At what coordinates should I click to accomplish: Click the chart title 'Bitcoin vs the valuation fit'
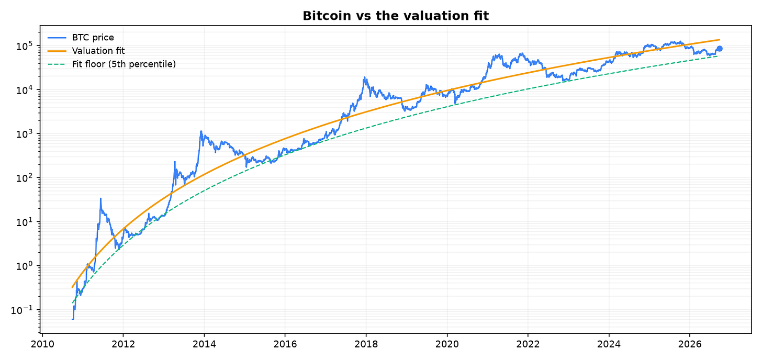(x=396, y=16)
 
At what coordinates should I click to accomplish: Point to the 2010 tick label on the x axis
(x=42, y=344)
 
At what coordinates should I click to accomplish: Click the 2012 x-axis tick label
(x=123, y=344)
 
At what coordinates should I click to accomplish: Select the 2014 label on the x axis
(x=204, y=344)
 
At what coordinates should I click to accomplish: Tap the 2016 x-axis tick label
(x=285, y=344)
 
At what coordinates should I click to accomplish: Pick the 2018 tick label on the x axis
(x=366, y=344)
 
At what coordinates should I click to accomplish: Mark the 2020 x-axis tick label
(x=447, y=344)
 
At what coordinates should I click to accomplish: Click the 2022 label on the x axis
(x=528, y=344)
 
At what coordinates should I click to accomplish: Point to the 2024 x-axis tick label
(x=609, y=344)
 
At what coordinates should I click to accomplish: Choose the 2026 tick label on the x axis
(x=690, y=344)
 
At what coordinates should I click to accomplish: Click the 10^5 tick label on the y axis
(x=24, y=46)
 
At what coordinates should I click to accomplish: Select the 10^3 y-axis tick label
(x=24, y=134)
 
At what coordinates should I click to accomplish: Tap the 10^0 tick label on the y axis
(x=24, y=266)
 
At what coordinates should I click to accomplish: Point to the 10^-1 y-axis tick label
(x=22, y=310)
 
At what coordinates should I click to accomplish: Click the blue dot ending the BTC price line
(x=720, y=49)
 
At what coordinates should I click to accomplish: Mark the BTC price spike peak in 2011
(x=100, y=198)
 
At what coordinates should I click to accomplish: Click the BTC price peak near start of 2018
(x=365, y=77)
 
